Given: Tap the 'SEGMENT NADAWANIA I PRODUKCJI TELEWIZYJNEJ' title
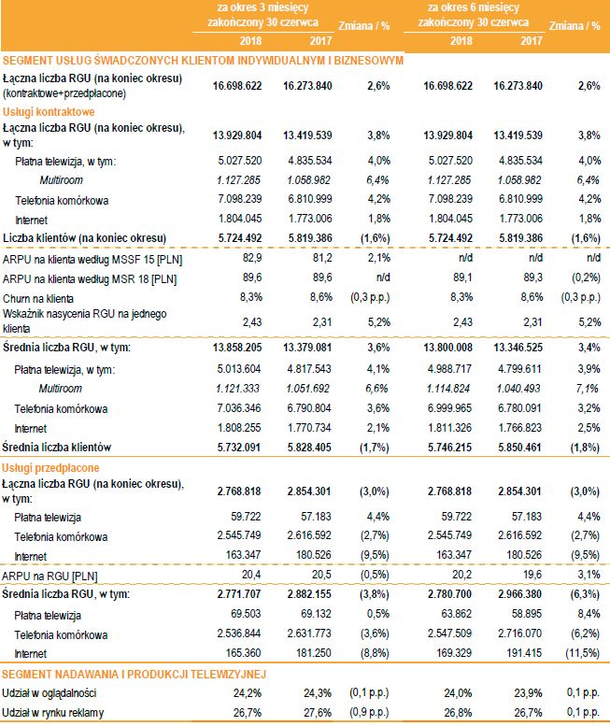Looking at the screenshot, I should (x=135, y=673).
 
